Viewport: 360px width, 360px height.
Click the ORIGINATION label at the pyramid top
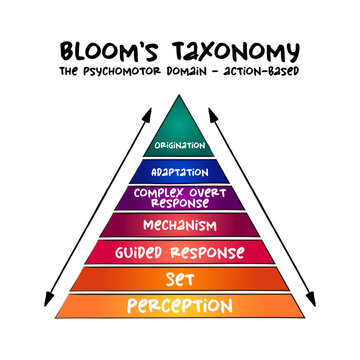click(180, 146)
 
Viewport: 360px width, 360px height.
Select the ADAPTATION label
click(180, 171)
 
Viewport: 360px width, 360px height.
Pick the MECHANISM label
click(180, 225)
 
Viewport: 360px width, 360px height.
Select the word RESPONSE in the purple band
click(180, 202)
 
